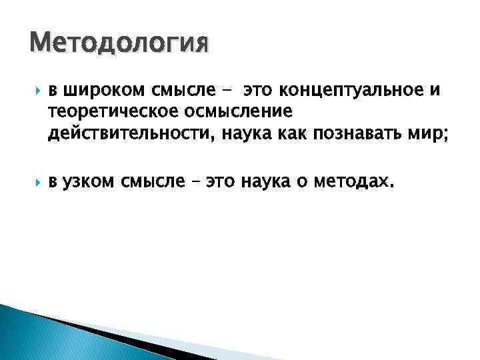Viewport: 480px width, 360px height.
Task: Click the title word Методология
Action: point(119,44)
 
